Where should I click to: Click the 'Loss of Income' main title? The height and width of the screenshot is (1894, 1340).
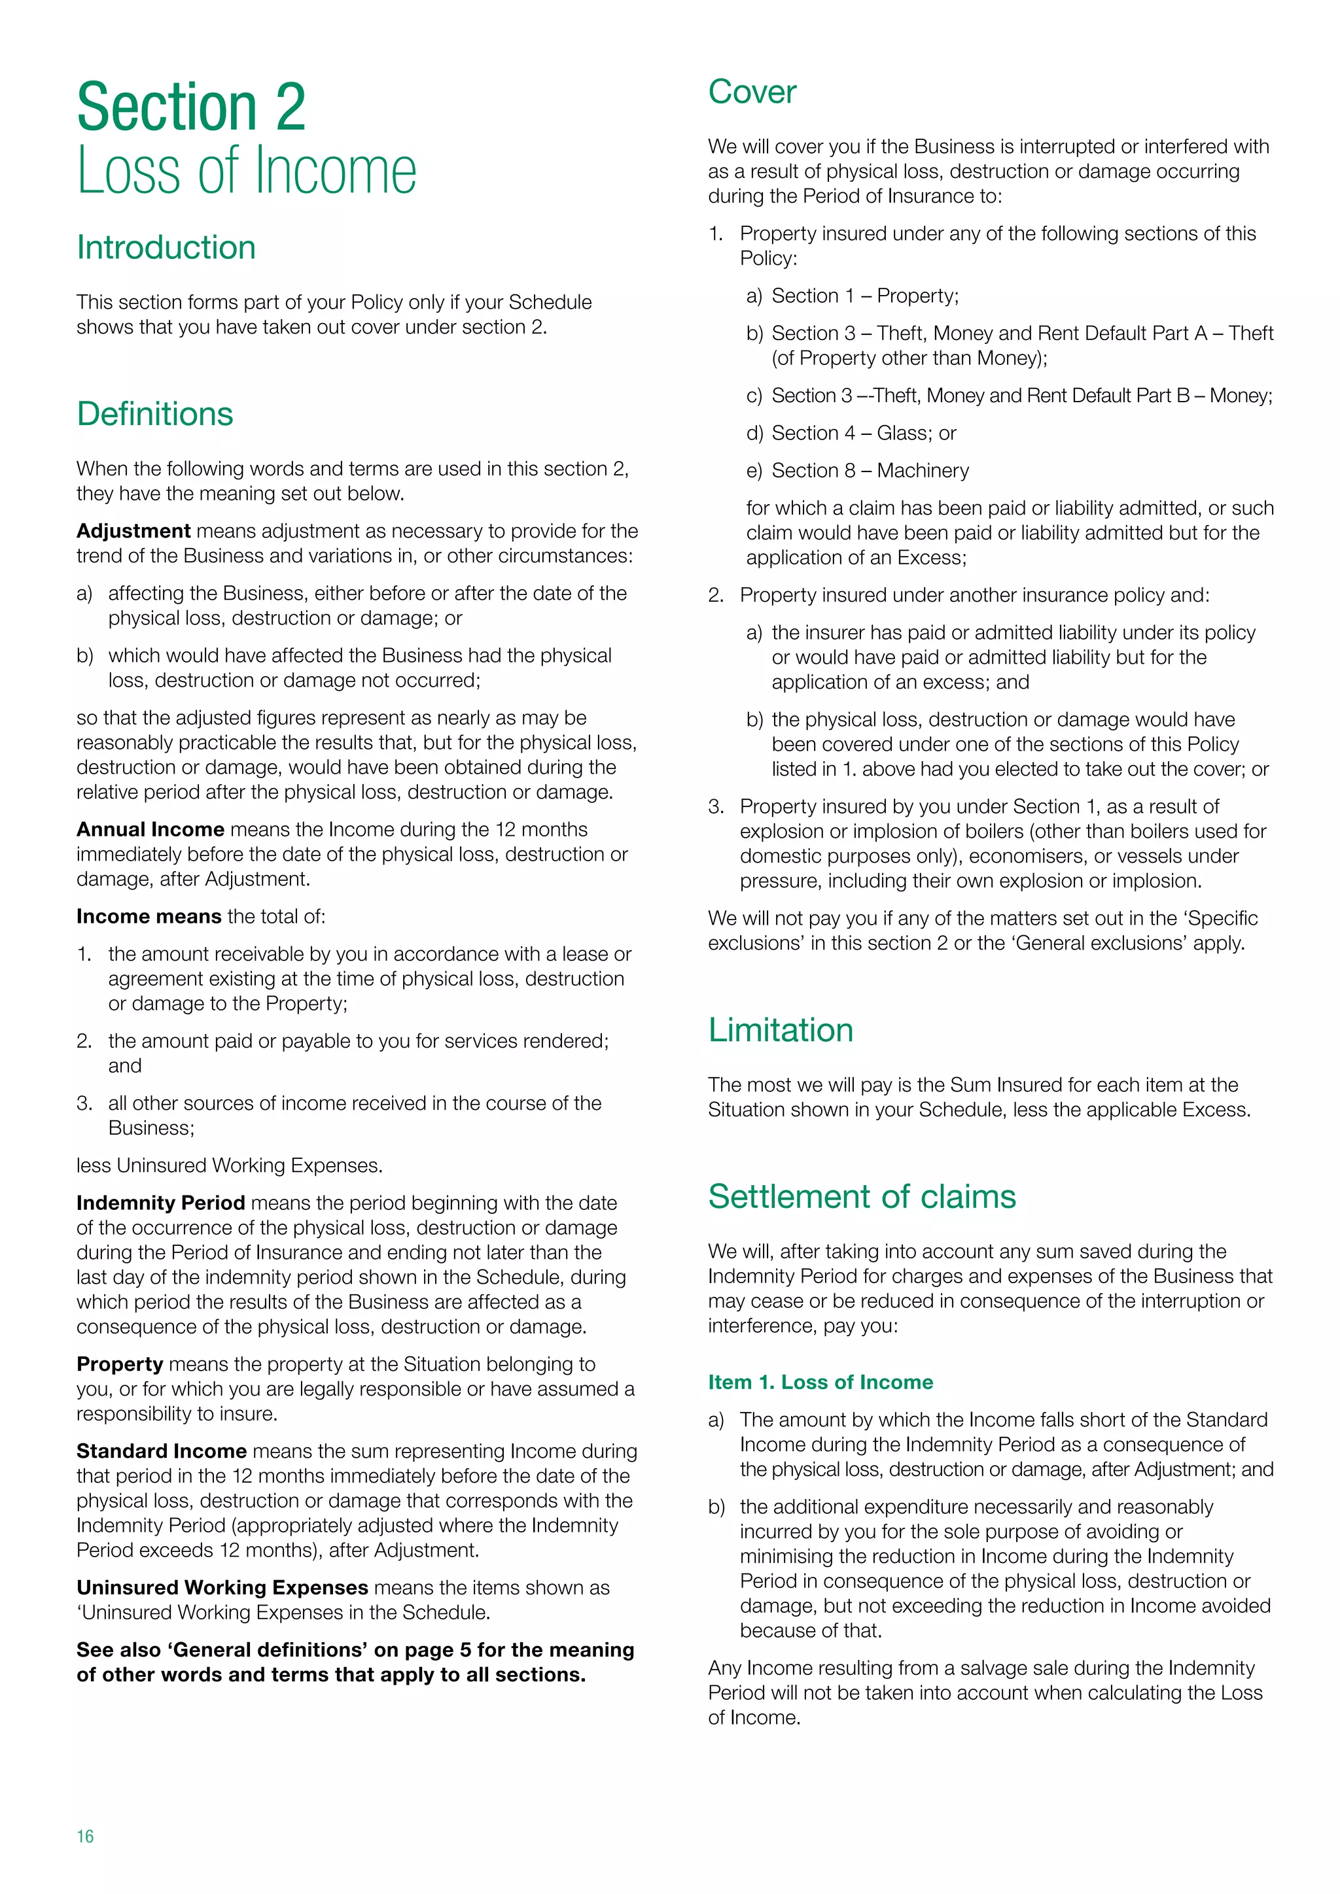pos(246,171)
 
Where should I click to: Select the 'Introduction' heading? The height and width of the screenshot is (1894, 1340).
pos(166,247)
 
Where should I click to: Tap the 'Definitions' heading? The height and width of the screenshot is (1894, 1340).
pos(154,414)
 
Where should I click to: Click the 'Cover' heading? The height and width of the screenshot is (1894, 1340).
pos(752,92)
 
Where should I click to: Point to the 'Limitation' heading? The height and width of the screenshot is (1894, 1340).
pos(780,1030)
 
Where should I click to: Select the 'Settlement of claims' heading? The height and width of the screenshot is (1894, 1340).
pos(862,1197)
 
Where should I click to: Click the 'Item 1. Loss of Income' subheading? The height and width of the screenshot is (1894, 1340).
pos(820,1382)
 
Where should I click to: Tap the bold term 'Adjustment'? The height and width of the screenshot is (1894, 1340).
pos(133,530)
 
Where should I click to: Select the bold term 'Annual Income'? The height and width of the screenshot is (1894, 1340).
pos(150,829)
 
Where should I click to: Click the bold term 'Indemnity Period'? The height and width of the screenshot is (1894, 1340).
pos(160,1203)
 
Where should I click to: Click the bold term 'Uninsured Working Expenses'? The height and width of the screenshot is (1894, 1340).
pos(222,1587)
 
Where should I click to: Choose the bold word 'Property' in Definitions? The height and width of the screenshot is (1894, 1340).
pos(120,1364)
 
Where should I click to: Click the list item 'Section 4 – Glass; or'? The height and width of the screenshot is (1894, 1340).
pos(863,433)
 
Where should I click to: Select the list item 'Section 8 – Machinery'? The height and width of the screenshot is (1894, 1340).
pos(870,470)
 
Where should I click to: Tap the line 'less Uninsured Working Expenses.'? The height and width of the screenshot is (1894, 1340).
pos(230,1165)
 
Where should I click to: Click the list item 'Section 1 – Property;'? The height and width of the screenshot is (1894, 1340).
pos(865,296)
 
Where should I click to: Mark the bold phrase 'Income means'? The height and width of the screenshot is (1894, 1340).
pos(149,916)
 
